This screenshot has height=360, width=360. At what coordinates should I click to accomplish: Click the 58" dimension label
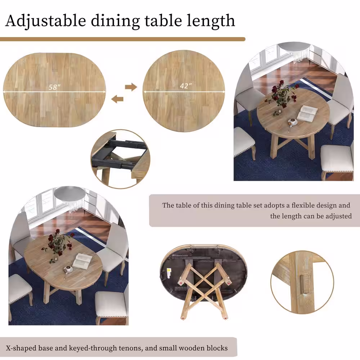[54, 87]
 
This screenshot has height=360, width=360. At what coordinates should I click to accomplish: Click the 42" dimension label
[186, 86]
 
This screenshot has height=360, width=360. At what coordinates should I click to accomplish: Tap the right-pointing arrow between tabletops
[131, 87]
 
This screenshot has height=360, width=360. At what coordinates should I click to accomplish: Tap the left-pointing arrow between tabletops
[117, 99]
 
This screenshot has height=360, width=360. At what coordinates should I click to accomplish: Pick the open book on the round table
[307, 113]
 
